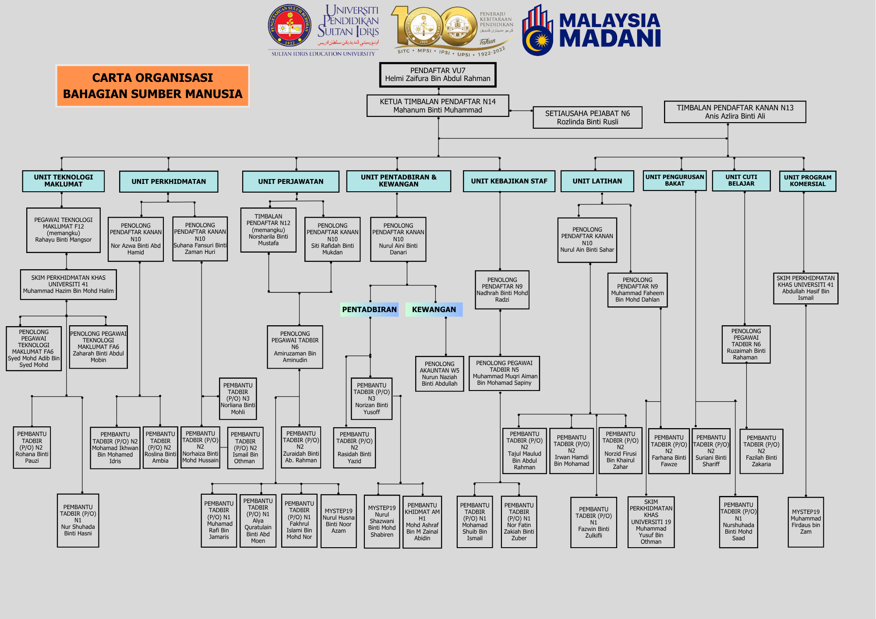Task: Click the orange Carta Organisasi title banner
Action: (x=152, y=86)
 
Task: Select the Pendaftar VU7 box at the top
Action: (x=438, y=75)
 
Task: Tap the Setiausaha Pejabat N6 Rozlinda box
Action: (x=587, y=117)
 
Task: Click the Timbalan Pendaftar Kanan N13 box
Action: (x=735, y=112)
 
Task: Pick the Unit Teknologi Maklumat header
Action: (x=64, y=181)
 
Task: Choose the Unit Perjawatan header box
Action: (x=290, y=181)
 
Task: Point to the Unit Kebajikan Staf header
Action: (x=509, y=181)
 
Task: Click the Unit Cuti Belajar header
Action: (x=741, y=180)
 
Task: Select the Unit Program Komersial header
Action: (x=807, y=181)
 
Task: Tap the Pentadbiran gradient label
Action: (x=369, y=309)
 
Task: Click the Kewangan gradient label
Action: (x=434, y=309)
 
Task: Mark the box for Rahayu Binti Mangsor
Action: (x=64, y=230)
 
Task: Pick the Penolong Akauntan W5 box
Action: (x=439, y=373)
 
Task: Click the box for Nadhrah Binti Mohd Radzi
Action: (x=502, y=289)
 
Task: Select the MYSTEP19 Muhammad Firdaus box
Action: (x=805, y=522)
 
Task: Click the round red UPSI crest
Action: (x=290, y=26)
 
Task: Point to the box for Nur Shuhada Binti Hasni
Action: (x=78, y=520)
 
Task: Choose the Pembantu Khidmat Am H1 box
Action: (x=422, y=522)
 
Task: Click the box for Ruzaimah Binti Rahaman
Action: (x=746, y=344)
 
